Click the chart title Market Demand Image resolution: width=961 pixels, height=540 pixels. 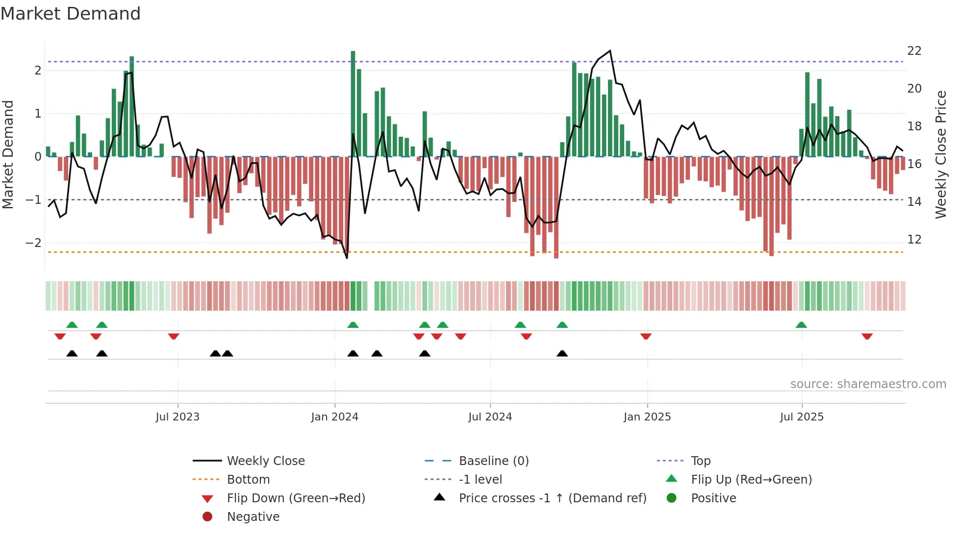pyautogui.click(x=71, y=14)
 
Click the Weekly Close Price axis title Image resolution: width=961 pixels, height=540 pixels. pyautogui.click(x=940, y=154)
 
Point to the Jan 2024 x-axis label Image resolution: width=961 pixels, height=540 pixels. pyautogui.click(x=334, y=417)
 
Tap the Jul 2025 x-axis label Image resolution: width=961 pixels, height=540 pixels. pyautogui.click(x=802, y=417)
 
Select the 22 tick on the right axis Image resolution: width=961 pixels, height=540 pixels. pyautogui.click(x=914, y=51)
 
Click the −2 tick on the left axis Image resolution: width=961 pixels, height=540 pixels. pyautogui.click(x=33, y=243)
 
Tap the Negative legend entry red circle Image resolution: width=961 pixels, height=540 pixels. pyautogui.click(x=207, y=517)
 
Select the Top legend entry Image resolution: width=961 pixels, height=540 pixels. pyautogui.click(x=700, y=461)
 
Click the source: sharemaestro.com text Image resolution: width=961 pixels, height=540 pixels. pyautogui.click(x=868, y=384)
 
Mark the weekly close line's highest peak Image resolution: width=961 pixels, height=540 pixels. pyautogui.click(x=610, y=51)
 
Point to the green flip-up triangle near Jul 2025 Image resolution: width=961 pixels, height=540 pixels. pyautogui.click(x=801, y=325)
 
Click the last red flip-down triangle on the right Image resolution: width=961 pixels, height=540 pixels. pyautogui.click(x=867, y=336)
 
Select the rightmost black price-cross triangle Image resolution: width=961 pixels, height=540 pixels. pyautogui.click(x=562, y=353)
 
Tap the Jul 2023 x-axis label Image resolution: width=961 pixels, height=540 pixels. pyautogui.click(x=177, y=417)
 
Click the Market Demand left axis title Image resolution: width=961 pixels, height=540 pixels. pyautogui.click(x=8, y=154)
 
